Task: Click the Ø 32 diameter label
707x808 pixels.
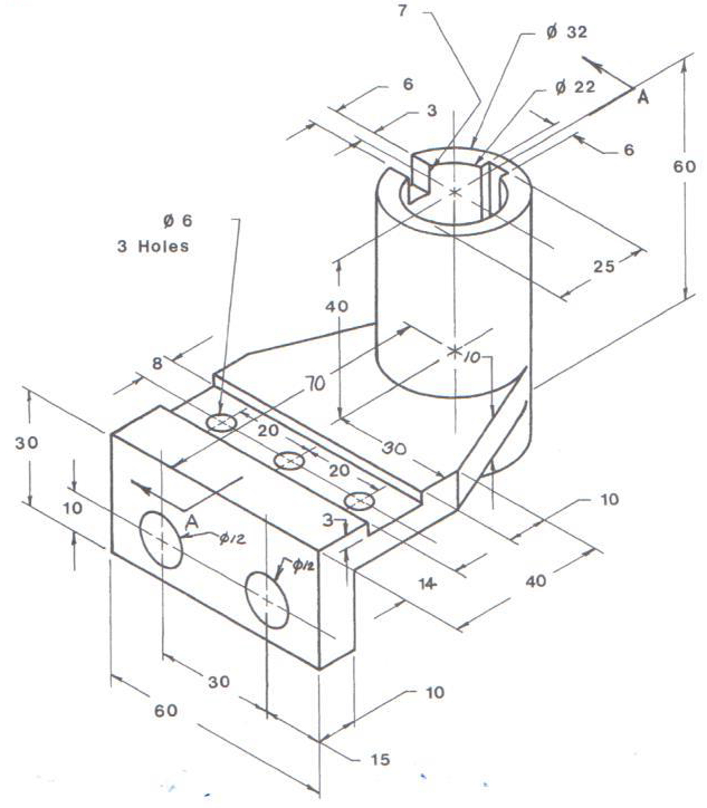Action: [567, 32]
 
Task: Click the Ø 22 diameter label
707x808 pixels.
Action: [575, 87]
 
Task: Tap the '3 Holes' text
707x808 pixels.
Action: [153, 246]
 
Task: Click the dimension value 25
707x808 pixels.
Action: [604, 267]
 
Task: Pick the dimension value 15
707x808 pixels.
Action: [380, 759]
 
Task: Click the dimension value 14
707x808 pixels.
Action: [428, 583]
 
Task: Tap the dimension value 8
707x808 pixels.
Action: [157, 363]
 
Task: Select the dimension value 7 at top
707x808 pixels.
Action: [402, 11]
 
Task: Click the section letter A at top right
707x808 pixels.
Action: [643, 97]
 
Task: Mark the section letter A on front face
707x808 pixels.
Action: [192, 522]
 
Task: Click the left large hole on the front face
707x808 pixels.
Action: [161, 540]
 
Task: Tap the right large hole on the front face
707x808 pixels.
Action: [267, 600]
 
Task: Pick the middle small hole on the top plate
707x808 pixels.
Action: [290, 461]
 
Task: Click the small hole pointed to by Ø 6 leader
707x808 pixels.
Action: [222, 423]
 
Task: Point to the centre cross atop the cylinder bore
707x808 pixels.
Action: [454, 192]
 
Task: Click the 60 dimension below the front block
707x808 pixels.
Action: [166, 711]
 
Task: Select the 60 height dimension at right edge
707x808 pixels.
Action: [684, 167]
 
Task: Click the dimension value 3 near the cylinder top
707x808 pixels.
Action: [432, 111]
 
